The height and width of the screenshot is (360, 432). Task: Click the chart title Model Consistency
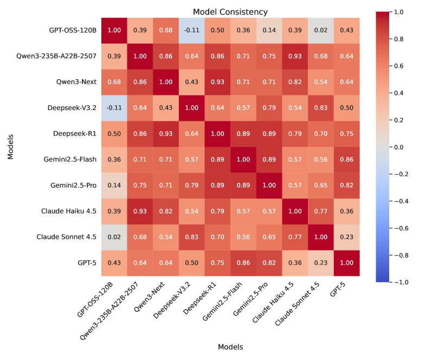230,12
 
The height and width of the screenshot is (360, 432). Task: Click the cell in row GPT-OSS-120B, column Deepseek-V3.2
192,30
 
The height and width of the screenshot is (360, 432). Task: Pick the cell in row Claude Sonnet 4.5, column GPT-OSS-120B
114,237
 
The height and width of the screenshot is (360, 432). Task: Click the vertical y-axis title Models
11,147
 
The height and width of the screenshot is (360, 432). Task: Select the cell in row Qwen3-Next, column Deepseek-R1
218,81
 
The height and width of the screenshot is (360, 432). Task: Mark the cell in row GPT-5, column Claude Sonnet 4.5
321,263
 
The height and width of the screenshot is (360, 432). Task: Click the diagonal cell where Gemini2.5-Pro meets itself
270,185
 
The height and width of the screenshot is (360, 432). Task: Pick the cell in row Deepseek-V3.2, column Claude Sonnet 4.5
321,107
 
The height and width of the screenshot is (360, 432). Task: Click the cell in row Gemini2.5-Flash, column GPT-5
347,159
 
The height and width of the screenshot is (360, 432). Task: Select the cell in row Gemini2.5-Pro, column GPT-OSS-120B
114,185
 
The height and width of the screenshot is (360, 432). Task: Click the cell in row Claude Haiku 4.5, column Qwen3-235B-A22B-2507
140,211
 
